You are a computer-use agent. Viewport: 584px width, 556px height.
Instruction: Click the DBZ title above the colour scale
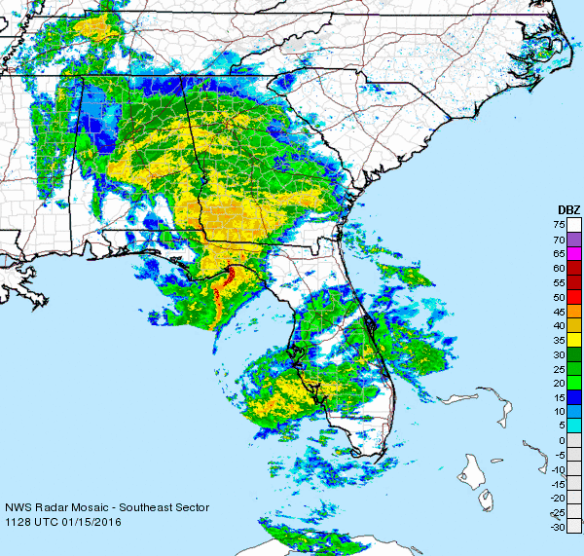point(568,209)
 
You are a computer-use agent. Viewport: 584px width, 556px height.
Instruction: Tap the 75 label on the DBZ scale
point(560,225)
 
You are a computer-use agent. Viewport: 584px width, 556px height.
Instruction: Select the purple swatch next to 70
point(574,239)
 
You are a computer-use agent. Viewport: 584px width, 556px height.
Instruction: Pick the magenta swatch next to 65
point(574,253)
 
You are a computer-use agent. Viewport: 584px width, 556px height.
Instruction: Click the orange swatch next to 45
point(574,311)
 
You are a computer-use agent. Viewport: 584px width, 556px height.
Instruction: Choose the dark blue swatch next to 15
point(574,397)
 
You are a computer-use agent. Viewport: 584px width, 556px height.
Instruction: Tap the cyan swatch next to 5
point(574,426)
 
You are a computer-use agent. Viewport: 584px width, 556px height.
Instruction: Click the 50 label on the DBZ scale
point(560,296)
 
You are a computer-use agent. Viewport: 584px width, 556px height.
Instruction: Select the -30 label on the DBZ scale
point(557,527)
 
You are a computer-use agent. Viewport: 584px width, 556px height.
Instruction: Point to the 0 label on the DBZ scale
point(563,440)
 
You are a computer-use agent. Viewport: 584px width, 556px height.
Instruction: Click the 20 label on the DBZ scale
point(560,383)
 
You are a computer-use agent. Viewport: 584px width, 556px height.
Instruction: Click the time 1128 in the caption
point(18,523)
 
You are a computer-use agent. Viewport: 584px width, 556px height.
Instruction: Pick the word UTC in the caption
point(48,523)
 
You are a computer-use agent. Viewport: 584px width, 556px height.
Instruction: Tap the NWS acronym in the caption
point(18,508)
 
